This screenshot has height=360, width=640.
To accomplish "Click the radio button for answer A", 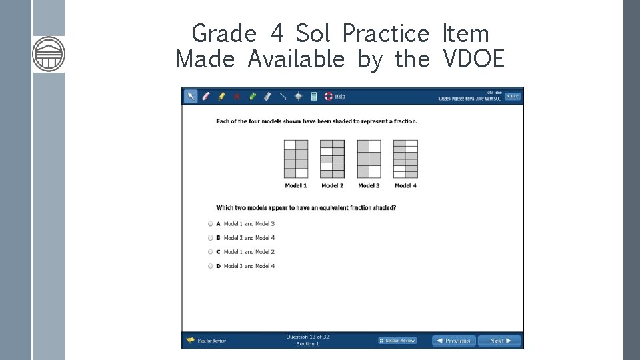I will click(x=210, y=224).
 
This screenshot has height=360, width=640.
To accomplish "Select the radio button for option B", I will click(x=210, y=238).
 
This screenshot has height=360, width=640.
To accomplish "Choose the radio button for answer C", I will click(x=210, y=252).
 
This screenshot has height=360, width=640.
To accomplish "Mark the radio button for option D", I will click(x=210, y=266).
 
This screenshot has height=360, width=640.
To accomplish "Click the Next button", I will click(x=499, y=341).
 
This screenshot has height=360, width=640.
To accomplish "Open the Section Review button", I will click(x=397, y=341).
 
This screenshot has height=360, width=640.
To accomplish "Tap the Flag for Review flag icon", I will click(x=190, y=341).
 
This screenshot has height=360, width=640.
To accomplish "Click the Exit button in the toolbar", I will click(x=512, y=96).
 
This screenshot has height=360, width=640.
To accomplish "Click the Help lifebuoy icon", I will click(x=328, y=96).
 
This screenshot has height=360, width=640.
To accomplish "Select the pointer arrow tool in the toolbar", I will click(x=191, y=96).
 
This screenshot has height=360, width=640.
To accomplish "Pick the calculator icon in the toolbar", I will click(x=314, y=96).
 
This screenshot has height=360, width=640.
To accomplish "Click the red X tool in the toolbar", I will click(x=237, y=96).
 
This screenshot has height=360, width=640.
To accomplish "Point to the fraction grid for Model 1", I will click(x=296, y=159).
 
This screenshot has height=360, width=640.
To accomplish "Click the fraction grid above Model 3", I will click(x=369, y=159).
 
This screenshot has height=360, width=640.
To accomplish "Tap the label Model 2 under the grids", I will click(x=332, y=185).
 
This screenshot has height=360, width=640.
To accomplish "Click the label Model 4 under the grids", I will click(x=405, y=185).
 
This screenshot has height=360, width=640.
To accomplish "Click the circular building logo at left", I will click(x=49, y=54).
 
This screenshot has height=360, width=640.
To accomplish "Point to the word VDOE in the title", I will click(x=473, y=59).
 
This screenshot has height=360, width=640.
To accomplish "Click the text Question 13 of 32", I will click(x=308, y=337).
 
